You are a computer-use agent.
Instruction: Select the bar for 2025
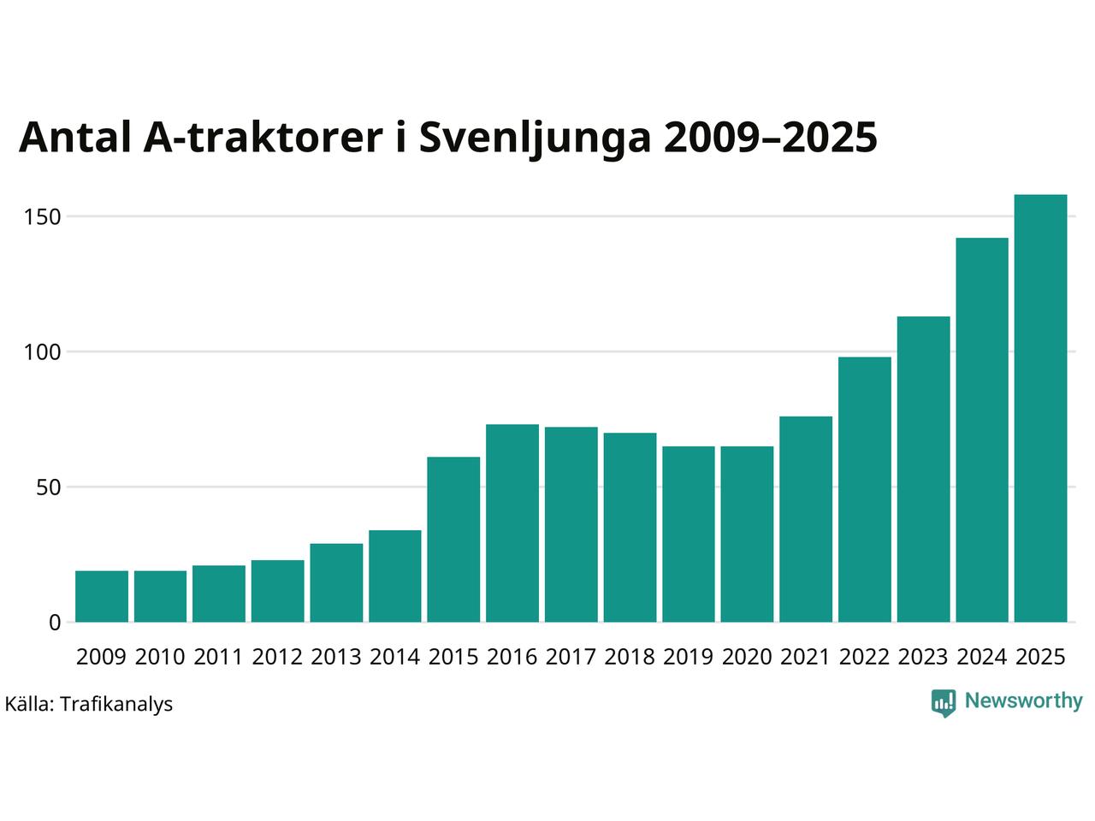click(x=1040, y=409)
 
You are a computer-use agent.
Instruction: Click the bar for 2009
click(x=102, y=596)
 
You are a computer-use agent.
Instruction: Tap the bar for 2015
click(x=453, y=540)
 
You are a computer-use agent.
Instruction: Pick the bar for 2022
click(x=864, y=489)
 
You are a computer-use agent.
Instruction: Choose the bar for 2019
click(x=689, y=535)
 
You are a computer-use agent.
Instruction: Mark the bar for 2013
click(x=336, y=582)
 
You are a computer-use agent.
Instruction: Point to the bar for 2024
click(x=982, y=430)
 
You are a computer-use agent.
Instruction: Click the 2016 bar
click(x=512, y=523)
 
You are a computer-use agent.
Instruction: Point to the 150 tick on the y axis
click(x=43, y=217)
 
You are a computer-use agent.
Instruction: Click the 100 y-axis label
click(x=43, y=352)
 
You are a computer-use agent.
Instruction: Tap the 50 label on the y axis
click(x=49, y=487)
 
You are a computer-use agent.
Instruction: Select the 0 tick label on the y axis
click(x=56, y=623)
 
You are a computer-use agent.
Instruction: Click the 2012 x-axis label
click(x=277, y=657)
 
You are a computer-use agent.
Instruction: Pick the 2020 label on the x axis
click(x=747, y=657)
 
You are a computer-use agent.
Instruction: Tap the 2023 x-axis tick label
click(x=923, y=657)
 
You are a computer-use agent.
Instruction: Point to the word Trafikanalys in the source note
click(x=117, y=705)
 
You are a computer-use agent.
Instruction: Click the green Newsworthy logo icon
click(x=944, y=702)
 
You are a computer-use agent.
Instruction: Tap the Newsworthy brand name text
click(x=1023, y=701)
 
